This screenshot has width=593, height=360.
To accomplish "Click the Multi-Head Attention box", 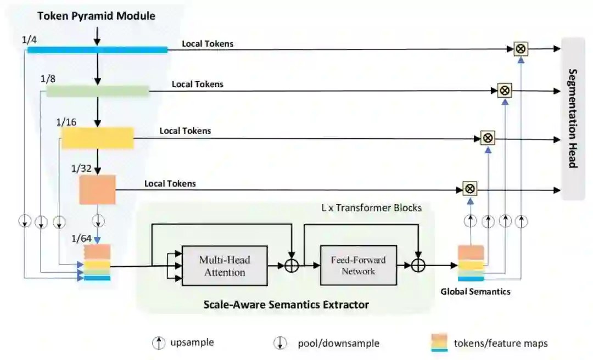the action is click(225, 266).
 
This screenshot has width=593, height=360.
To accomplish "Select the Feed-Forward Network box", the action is click(359, 265).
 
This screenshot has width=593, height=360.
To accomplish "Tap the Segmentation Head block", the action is click(573, 119).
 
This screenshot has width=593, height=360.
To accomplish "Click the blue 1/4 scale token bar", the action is click(97, 49).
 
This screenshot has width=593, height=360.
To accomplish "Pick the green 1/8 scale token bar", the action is click(98, 91).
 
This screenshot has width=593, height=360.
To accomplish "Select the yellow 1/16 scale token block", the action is click(98, 138).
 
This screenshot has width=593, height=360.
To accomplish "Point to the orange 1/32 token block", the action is click(97, 189).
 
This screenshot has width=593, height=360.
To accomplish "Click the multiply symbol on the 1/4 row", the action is click(521, 49).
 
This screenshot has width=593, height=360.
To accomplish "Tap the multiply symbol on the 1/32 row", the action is click(469, 189).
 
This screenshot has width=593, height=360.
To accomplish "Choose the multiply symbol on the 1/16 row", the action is click(488, 138).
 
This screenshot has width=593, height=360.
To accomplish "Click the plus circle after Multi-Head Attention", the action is click(291, 266).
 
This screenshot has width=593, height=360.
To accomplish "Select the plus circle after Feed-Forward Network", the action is click(418, 266).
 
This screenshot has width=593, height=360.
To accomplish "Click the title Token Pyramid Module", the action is click(97, 16).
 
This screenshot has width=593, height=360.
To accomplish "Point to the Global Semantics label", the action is click(475, 291).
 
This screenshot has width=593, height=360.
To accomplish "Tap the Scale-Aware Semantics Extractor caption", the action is click(286, 305).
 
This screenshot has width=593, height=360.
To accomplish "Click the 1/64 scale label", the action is click(81, 239).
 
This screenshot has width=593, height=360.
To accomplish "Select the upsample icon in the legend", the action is click(159, 343).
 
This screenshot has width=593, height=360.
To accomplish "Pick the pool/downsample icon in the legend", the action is click(280, 343).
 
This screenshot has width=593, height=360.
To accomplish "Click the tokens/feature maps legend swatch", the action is click(439, 342).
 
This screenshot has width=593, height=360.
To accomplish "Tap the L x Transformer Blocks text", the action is click(371, 207).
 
